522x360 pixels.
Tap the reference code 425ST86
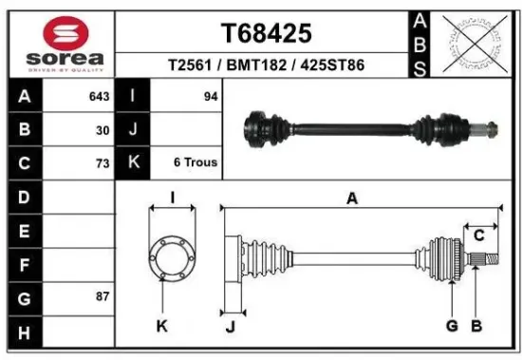(332, 66)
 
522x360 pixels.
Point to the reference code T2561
(190, 66)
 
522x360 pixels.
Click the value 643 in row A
(99, 97)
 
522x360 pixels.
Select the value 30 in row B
(103, 130)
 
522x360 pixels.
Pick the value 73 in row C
(103, 162)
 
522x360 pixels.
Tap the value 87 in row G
(103, 297)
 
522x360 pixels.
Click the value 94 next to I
(210, 97)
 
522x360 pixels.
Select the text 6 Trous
(196, 162)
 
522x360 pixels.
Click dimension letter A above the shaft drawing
(352, 198)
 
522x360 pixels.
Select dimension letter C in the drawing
(479, 235)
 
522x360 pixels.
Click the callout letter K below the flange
(161, 327)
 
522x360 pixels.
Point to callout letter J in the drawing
(231, 327)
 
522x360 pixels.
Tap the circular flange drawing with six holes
(172, 257)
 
